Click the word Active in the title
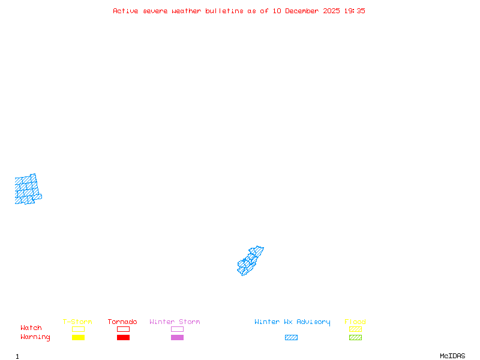pos(126,11)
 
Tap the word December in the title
pos(305,11)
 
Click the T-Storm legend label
pos(77,322)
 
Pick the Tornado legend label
pos(122,322)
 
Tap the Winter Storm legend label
pos(175,322)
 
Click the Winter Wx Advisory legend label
pos(292,322)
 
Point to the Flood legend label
pos(355,322)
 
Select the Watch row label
pos(31,328)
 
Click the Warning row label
pos(35,337)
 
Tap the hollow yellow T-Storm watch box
pos(78,329)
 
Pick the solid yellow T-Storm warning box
pos(78,338)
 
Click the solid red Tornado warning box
pos(123,338)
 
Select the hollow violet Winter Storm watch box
pos(177,329)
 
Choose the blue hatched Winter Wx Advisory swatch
pos(291,338)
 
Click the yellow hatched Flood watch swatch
pos(355,329)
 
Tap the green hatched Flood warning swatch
pos(355,338)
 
